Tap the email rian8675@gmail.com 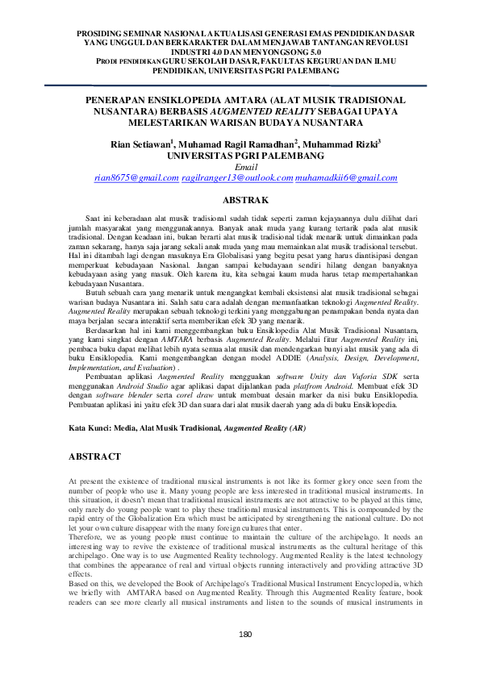coord(136,177)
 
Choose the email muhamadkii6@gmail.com coord(336,177)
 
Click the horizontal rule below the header coord(242,83)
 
